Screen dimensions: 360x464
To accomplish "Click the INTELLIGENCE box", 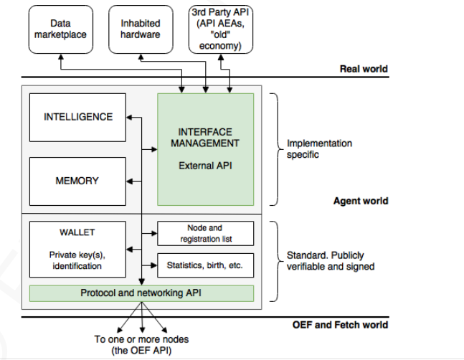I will tap(78, 117).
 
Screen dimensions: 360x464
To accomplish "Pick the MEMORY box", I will tap(77, 181).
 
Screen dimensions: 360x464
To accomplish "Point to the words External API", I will tap(205, 166).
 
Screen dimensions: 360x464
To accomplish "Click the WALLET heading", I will tap(77, 232).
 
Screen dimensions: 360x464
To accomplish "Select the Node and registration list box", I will tap(205, 234).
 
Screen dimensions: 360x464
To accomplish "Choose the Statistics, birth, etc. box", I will tap(205, 265).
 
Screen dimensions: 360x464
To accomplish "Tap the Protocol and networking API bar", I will tap(141, 293).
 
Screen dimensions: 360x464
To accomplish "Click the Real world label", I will tap(363, 69).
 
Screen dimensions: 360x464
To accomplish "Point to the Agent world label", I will tap(361, 201).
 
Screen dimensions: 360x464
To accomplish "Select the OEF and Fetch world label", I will tap(341, 325).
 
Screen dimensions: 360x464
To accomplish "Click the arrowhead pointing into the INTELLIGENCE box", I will tap(129, 117).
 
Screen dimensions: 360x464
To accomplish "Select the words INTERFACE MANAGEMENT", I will tap(205, 138).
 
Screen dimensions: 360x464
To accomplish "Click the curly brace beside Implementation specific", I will tap(274, 148).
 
